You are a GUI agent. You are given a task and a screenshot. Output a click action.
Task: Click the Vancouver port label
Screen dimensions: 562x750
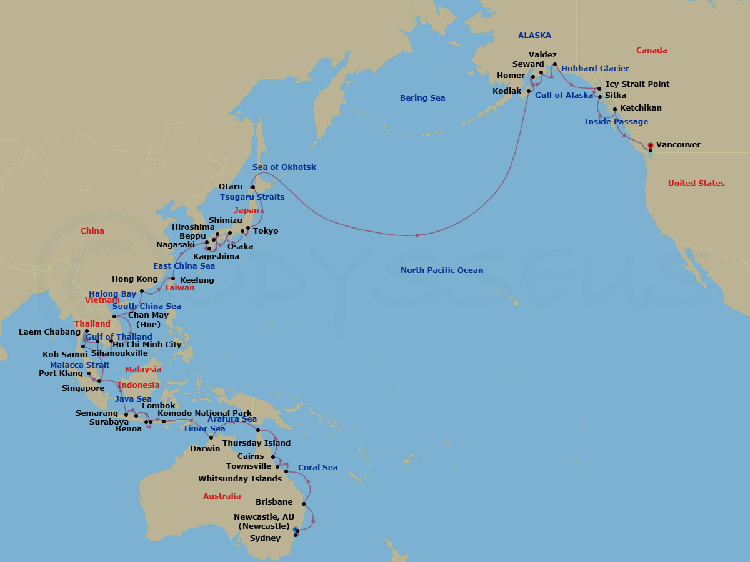pyautogui.click(x=678, y=145)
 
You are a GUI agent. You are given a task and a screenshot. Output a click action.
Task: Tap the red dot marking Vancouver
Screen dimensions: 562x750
pyautogui.click(x=651, y=145)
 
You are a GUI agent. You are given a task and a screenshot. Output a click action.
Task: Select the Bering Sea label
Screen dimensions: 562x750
pyautogui.click(x=422, y=98)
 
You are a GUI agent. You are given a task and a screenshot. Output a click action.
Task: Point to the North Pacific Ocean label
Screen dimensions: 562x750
pyautogui.click(x=442, y=270)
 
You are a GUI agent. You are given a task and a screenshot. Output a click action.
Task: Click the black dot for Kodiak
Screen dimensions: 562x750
pyautogui.click(x=529, y=91)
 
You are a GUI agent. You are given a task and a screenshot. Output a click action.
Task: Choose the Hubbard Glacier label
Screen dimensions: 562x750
pyautogui.click(x=595, y=69)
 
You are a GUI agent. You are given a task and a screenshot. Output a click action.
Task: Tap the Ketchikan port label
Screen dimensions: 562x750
pyautogui.click(x=641, y=108)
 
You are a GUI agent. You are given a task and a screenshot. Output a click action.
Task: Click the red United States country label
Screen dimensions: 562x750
pyautogui.click(x=696, y=184)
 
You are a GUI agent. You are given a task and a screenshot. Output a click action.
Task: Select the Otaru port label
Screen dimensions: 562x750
pyautogui.click(x=231, y=187)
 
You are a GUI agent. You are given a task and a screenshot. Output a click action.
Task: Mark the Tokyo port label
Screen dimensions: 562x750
pyautogui.click(x=266, y=231)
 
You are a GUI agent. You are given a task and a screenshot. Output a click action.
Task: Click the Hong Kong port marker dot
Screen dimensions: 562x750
pyautogui.click(x=142, y=292)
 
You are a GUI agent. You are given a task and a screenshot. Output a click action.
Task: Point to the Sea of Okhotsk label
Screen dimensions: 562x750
pyautogui.click(x=284, y=167)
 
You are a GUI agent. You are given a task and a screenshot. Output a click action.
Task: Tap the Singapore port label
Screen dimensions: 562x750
pyautogui.click(x=83, y=388)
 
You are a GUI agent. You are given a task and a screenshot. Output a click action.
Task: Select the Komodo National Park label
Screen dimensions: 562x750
pyautogui.click(x=204, y=413)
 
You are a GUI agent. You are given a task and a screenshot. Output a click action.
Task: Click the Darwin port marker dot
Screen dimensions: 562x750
pyautogui.click(x=211, y=438)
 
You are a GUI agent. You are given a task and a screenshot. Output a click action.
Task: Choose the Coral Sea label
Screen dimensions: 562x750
pyautogui.click(x=317, y=468)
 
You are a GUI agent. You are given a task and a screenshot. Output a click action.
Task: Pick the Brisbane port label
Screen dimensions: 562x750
pyautogui.click(x=274, y=502)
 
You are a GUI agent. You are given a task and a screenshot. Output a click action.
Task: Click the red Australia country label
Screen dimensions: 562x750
pyautogui.click(x=222, y=496)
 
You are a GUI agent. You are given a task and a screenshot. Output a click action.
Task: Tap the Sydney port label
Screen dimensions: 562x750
pyautogui.click(x=265, y=538)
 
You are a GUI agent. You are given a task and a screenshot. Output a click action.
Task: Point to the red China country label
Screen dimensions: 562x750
pyautogui.click(x=92, y=231)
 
